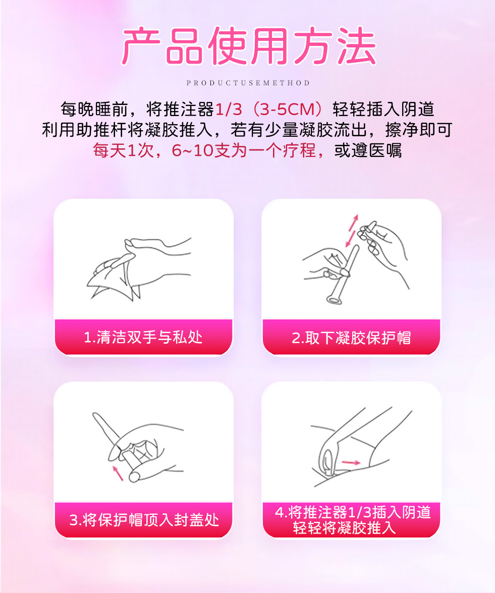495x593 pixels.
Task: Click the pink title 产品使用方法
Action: (x=248, y=46)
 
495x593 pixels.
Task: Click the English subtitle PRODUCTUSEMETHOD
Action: (x=248, y=83)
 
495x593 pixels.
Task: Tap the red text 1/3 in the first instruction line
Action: (x=229, y=110)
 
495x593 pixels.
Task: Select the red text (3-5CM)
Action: (x=287, y=110)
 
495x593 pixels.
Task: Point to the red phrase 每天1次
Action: (x=123, y=150)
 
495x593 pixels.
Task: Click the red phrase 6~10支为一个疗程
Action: (x=243, y=150)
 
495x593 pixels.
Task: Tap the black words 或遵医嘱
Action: (x=367, y=150)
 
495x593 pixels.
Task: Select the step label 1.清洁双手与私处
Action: (x=143, y=337)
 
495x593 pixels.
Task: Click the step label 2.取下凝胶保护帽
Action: (x=351, y=338)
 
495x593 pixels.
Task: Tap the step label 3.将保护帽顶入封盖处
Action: (x=144, y=520)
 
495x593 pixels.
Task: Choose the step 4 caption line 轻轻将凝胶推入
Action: (x=344, y=528)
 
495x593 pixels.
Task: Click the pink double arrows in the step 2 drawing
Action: (x=352, y=231)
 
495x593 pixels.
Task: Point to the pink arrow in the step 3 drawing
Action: (x=118, y=473)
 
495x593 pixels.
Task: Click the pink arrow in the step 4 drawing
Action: (x=351, y=462)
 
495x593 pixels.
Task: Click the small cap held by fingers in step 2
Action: (x=366, y=231)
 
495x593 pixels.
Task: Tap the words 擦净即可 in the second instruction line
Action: (x=419, y=130)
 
